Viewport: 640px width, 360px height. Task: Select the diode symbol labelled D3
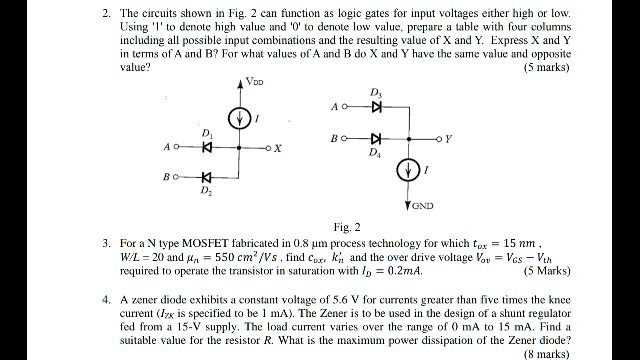coord(376,105)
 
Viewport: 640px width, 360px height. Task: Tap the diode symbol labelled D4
coord(376,138)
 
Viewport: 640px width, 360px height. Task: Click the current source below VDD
coord(241,118)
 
